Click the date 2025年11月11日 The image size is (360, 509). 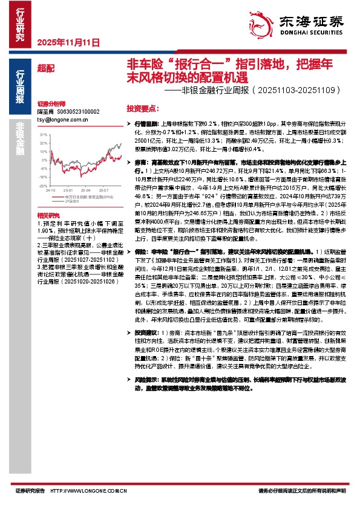68,42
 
